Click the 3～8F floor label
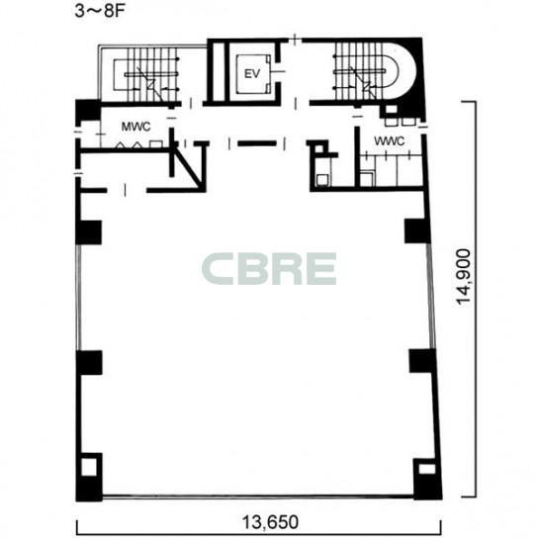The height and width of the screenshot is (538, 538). pyautogui.click(x=100, y=11)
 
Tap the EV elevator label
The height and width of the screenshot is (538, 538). pyautogui.click(x=252, y=74)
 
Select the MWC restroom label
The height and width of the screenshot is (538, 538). pyautogui.click(x=135, y=127)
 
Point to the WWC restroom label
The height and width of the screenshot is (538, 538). pyautogui.click(x=390, y=141)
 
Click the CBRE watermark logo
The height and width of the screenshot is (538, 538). pyautogui.click(x=269, y=269)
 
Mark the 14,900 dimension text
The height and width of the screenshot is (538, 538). pyautogui.click(x=464, y=277)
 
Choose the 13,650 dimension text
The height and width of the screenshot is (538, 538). pyautogui.click(x=270, y=522)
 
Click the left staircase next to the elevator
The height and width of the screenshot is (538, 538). pyautogui.click(x=146, y=75)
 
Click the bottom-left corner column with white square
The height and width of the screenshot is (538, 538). pyautogui.click(x=89, y=477)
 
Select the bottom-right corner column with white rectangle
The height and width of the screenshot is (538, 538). pyautogui.click(x=427, y=479)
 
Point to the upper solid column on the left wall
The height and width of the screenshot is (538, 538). pyautogui.click(x=89, y=232)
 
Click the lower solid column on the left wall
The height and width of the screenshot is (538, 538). pyautogui.click(x=89, y=362)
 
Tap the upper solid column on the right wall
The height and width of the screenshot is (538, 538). pyautogui.click(x=417, y=230)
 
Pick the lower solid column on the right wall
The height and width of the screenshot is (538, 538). pyautogui.click(x=422, y=361)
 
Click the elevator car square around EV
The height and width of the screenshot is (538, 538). pyautogui.click(x=252, y=73)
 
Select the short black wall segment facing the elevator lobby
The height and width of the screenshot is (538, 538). pyautogui.click(x=257, y=143)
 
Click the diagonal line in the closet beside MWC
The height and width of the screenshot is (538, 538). pyautogui.click(x=187, y=166)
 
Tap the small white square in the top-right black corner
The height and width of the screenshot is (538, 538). pyautogui.click(x=392, y=110)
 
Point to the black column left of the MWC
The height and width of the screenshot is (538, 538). pyautogui.click(x=88, y=110)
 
